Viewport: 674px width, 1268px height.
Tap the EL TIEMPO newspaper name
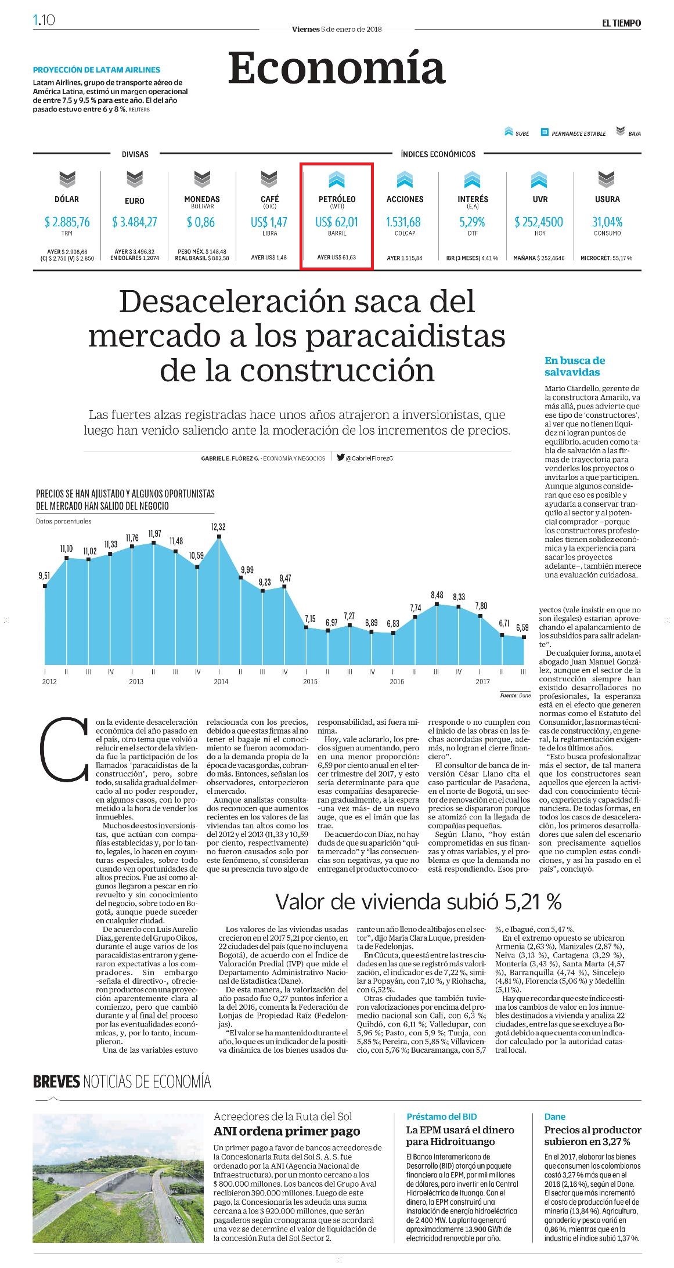click(x=621, y=23)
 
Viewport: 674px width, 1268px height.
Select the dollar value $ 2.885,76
click(x=67, y=222)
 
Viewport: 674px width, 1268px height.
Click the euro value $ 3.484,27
click(x=135, y=222)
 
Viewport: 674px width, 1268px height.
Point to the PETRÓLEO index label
click(x=337, y=199)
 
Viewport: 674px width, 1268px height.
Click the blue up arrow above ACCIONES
click(x=405, y=180)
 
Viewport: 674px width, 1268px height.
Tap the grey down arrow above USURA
click(x=607, y=180)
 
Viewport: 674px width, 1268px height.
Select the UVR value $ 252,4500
click(x=539, y=222)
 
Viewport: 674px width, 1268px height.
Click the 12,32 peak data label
click(x=218, y=527)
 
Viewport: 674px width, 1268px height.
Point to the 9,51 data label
click(x=44, y=576)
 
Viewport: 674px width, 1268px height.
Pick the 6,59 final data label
click(x=522, y=627)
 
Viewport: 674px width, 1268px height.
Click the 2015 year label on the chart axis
click(x=310, y=681)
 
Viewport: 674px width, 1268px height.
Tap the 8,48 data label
click(x=437, y=595)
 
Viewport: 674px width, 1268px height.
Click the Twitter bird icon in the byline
click(x=341, y=457)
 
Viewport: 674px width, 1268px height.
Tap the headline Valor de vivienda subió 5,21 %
click(x=418, y=901)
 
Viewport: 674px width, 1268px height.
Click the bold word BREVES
click(x=56, y=1081)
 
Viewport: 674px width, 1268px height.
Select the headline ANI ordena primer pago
click(x=287, y=1130)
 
